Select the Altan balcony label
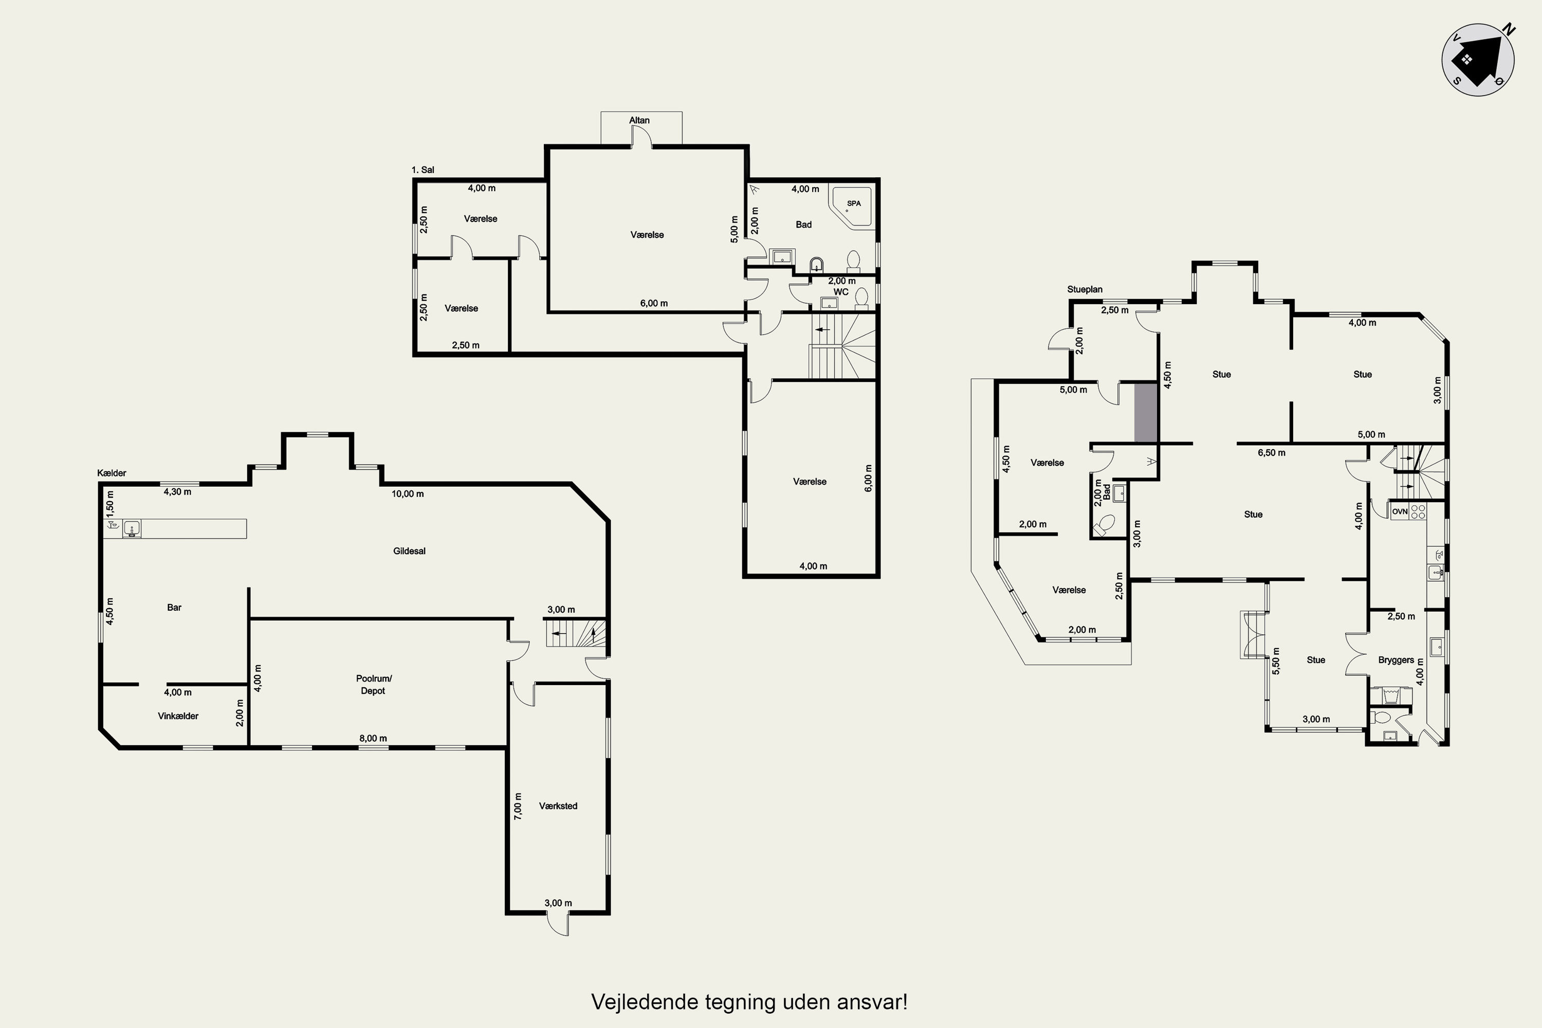[639, 120]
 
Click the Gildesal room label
[409, 550]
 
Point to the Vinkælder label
[178, 716]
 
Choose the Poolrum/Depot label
[373, 685]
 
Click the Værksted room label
[558, 806]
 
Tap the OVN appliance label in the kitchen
[1399, 511]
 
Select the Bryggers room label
[1396, 659]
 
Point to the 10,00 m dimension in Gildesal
[408, 493]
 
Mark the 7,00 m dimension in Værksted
[518, 806]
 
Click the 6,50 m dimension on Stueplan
[1271, 452]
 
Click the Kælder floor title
[112, 473]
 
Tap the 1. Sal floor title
[423, 170]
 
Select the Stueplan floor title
[1085, 289]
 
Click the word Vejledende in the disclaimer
[645, 1001]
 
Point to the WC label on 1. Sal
[840, 292]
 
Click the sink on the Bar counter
[132, 528]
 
